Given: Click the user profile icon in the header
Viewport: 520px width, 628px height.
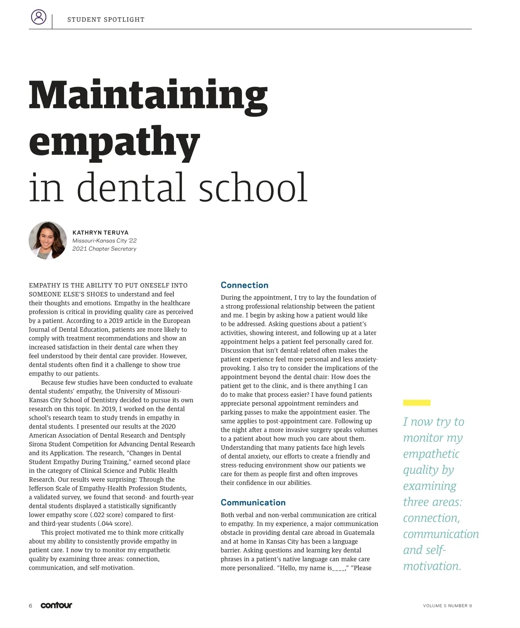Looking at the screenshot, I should click(39, 17).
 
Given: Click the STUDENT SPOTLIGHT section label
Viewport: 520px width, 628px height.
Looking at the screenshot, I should click(106, 19).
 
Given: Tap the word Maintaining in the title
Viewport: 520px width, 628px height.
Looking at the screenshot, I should click(148, 96).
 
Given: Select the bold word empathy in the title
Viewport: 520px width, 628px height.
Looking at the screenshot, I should click(114, 142).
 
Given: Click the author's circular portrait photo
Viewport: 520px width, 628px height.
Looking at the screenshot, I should click(48, 240).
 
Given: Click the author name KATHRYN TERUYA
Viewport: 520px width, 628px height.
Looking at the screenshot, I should click(101, 233).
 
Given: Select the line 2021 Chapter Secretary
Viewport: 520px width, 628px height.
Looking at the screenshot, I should click(104, 249).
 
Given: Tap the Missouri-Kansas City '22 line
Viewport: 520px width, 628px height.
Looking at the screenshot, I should click(104, 241).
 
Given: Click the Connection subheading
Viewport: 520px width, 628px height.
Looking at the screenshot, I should click(244, 285).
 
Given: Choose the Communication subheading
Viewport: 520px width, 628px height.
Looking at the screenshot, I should click(253, 502).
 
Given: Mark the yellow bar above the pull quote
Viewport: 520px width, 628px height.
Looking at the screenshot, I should click(416, 403).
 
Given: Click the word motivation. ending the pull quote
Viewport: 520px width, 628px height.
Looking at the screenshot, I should click(432, 566).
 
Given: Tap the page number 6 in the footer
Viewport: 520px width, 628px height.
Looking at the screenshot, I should click(30, 605).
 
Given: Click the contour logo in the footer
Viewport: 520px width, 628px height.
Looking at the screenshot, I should click(56, 605).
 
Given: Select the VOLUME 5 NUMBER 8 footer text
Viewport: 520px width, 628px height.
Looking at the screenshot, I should click(447, 605).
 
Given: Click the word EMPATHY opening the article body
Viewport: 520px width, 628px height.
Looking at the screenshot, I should click(45, 285).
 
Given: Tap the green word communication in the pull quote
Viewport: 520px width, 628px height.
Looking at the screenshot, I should click(441, 534).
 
